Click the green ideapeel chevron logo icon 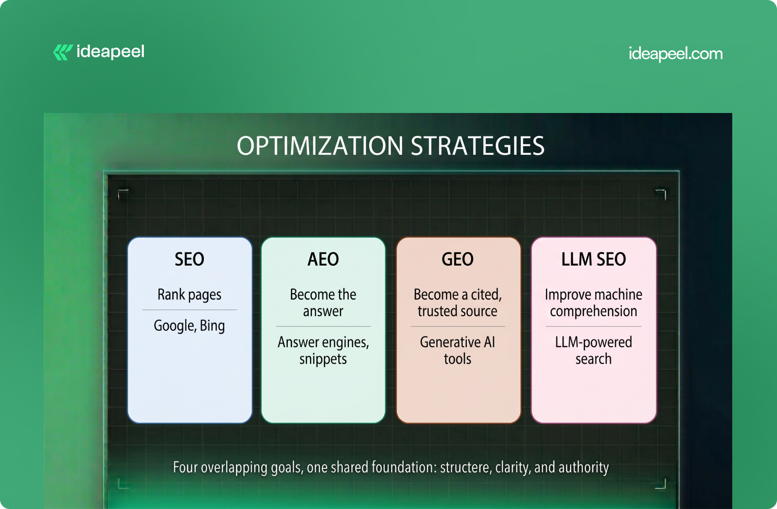click(x=63, y=52)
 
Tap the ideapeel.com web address click(x=675, y=54)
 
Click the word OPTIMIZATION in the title click(x=320, y=146)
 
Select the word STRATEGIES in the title click(x=477, y=146)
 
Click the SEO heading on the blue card click(x=189, y=259)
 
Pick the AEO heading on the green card click(x=323, y=259)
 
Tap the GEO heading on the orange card click(x=458, y=259)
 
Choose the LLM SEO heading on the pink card click(x=593, y=259)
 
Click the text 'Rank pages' click(x=189, y=295)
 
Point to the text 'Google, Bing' click(x=189, y=326)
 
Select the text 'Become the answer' click(x=323, y=303)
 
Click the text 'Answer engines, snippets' click(x=323, y=351)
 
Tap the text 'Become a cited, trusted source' click(x=458, y=303)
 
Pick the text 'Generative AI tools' click(x=458, y=351)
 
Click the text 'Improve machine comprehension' click(x=593, y=303)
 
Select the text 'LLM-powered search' click(x=593, y=351)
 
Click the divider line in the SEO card click(x=189, y=309)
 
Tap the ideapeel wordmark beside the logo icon click(x=110, y=52)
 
